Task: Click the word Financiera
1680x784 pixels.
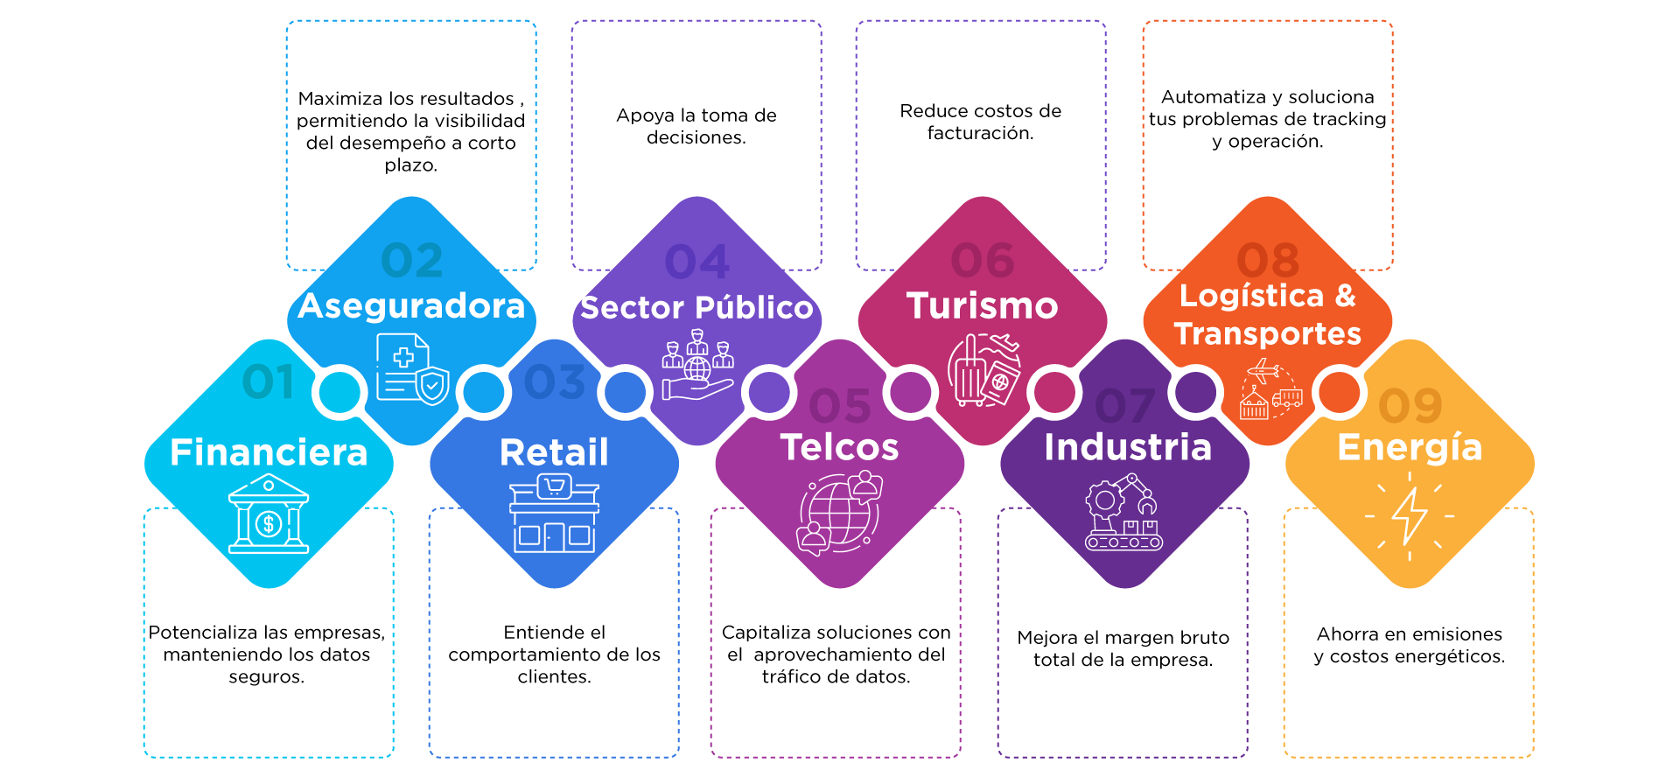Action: click(269, 452)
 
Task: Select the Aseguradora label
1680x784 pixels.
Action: click(411, 306)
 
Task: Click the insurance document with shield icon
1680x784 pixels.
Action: click(412, 369)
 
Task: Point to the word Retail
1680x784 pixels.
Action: click(554, 452)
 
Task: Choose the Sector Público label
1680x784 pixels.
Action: click(696, 308)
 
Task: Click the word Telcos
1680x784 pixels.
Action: click(839, 447)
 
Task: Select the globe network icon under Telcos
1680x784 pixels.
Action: click(839, 514)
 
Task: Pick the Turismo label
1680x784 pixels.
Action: click(982, 306)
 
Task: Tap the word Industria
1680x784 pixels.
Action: click(1127, 447)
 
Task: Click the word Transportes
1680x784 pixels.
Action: click(1268, 333)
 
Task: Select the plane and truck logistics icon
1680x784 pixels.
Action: click(1270, 390)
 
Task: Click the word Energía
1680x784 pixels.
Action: click(1410, 447)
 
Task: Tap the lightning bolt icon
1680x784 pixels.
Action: click(1410, 515)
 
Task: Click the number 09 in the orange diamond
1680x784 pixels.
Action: click(1410, 406)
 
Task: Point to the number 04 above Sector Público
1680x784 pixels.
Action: click(696, 262)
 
